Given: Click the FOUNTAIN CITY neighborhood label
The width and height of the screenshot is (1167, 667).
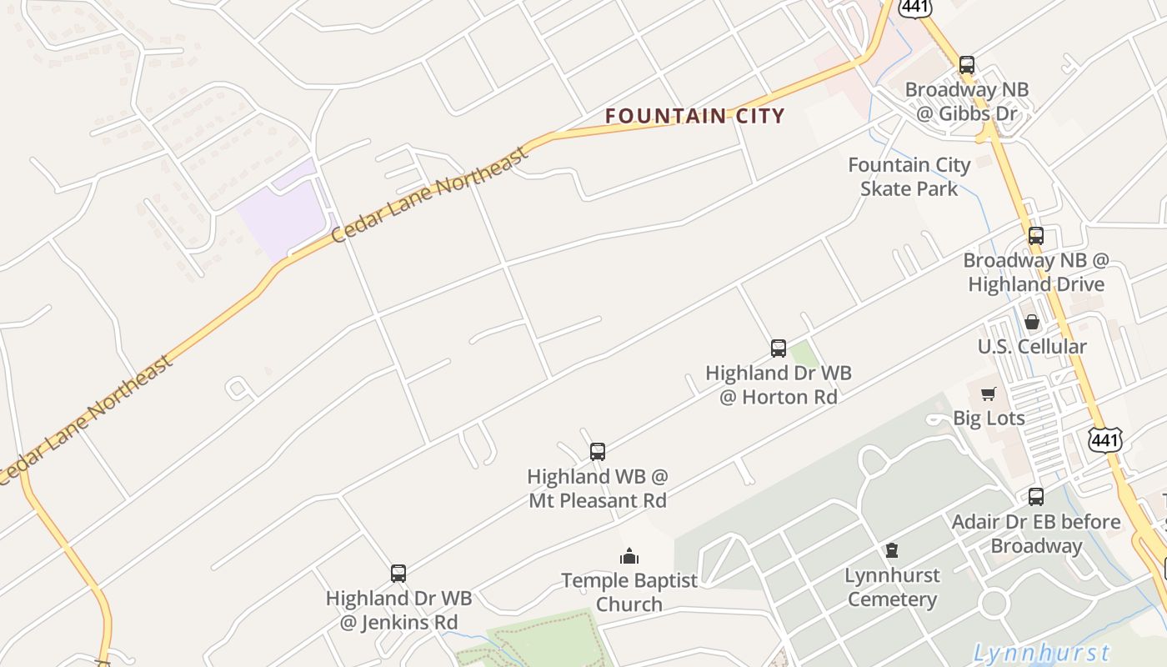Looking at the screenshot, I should (x=695, y=116).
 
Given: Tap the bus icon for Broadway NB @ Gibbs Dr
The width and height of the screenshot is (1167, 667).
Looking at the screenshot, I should (x=967, y=64).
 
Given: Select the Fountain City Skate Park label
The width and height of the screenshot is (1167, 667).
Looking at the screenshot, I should (x=909, y=177).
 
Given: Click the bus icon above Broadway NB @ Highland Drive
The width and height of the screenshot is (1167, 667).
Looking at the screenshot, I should (x=1035, y=236).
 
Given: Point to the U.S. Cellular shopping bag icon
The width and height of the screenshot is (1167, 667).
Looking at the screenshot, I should (x=1032, y=322).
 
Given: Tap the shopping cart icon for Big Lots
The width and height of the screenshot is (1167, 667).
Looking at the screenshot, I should (x=988, y=394).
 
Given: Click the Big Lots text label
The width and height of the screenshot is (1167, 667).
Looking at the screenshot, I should (x=989, y=418).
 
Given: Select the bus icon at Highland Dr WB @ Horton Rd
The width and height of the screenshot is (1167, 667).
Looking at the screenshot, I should (x=778, y=348).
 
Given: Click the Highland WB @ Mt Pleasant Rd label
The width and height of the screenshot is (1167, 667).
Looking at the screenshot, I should (x=598, y=489).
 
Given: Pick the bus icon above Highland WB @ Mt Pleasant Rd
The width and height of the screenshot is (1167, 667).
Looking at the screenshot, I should (x=598, y=452).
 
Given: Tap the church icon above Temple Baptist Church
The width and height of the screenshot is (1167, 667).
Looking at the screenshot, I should (x=629, y=555).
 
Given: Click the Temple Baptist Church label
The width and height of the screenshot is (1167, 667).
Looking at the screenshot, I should (x=629, y=592).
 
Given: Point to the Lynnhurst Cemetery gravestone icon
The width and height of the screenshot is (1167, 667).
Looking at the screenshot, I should (x=892, y=550).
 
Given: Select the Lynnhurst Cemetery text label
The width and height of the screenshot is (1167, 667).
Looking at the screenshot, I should (x=892, y=587).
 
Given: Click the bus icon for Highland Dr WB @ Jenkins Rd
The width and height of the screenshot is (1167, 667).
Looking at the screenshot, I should (x=398, y=574).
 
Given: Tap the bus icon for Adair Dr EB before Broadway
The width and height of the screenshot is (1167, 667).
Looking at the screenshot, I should (x=1035, y=497).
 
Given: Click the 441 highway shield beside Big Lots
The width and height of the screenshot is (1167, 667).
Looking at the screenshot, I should (x=1104, y=439).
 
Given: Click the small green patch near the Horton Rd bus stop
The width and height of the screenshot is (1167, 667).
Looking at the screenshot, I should (x=804, y=354).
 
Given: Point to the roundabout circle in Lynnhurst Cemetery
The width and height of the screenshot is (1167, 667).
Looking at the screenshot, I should (x=994, y=602).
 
